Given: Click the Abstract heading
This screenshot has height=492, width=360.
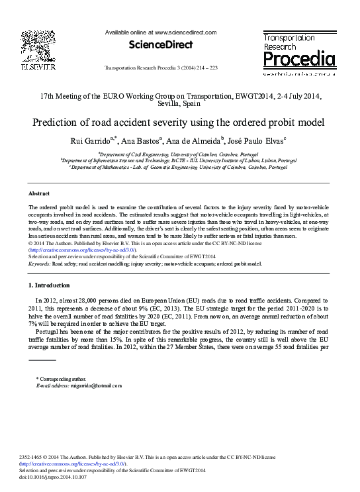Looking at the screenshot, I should pos(40,193).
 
